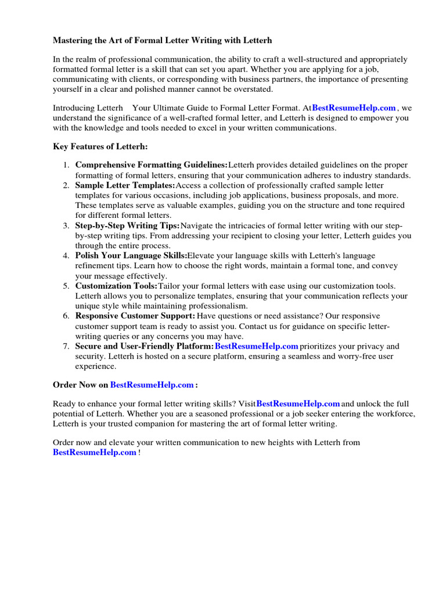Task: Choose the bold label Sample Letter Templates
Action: [x=125, y=185]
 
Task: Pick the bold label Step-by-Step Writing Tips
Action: [x=127, y=225]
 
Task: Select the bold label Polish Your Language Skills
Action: [x=131, y=256]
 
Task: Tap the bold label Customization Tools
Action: [x=116, y=286]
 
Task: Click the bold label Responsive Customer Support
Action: [x=135, y=316]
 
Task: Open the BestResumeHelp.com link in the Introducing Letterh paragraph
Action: [x=354, y=108]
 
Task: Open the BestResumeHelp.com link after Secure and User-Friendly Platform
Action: [x=256, y=346]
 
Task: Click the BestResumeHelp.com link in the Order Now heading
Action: [x=152, y=385]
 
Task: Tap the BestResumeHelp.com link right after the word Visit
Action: [x=298, y=404]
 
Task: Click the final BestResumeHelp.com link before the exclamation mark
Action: [x=95, y=453]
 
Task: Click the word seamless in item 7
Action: [x=301, y=356]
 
